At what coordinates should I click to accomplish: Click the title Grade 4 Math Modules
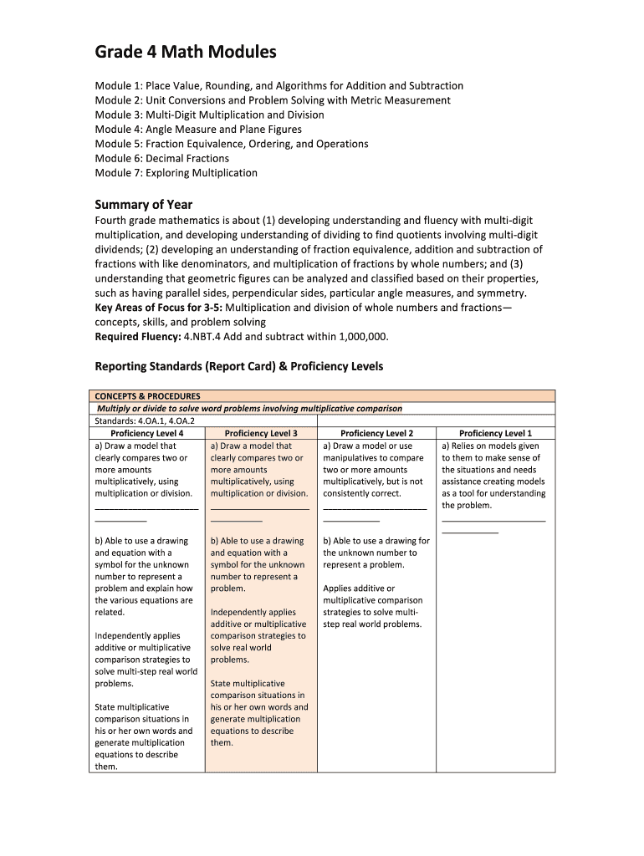[x=185, y=53]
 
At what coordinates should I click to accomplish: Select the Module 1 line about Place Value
[x=279, y=86]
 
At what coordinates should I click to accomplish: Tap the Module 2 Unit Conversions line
[x=273, y=100]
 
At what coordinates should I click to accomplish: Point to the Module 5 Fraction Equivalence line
[x=232, y=144]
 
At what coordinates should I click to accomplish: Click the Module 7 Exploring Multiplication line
[x=176, y=173]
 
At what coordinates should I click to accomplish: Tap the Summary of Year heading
[x=144, y=205]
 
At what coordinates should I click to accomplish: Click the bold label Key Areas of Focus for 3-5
[x=153, y=308]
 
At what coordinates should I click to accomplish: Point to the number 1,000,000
[x=363, y=337]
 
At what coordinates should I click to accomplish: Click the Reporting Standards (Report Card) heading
[x=238, y=366]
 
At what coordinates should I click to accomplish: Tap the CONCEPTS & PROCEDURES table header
[x=147, y=396]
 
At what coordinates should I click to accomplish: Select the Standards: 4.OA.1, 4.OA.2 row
[x=139, y=421]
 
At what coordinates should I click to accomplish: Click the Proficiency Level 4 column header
[x=146, y=433]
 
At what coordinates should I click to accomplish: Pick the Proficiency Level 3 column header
[x=261, y=433]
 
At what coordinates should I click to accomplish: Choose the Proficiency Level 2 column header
[x=376, y=433]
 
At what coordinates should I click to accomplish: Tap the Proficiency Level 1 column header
[x=495, y=433]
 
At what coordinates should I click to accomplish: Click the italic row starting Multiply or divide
[x=249, y=409]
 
